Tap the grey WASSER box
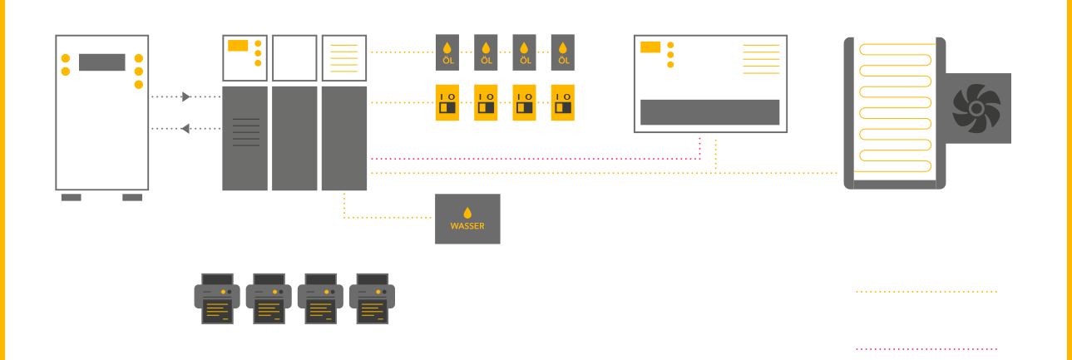tap(467, 219)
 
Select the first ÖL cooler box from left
tap(447, 52)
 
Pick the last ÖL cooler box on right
tap(563, 52)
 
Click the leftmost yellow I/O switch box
tap(447, 102)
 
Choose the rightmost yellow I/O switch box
tap(563, 102)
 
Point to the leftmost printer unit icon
tap(217, 298)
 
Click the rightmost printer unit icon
tap(372, 298)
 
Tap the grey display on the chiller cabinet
tap(102, 62)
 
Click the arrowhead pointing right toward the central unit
tap(187, 97)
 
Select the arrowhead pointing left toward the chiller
tap(185, 128)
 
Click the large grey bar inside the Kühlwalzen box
tap(709, 111)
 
